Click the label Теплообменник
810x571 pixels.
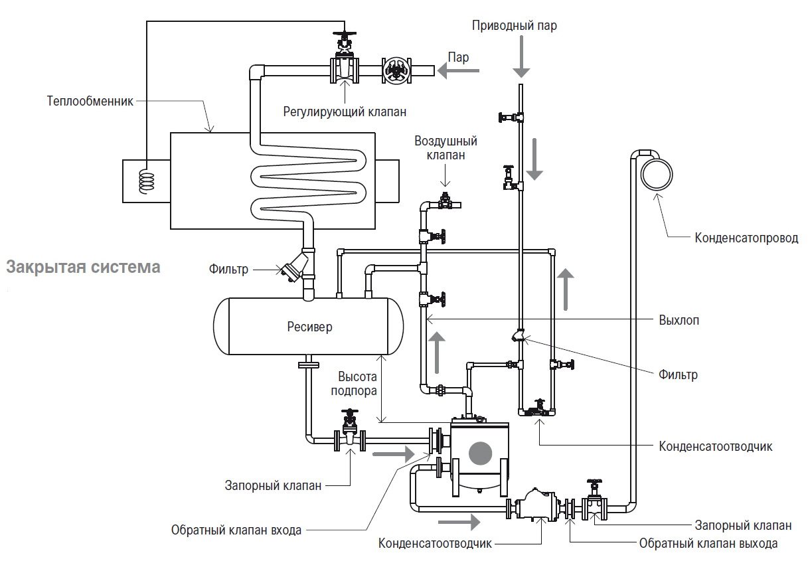(x=90, y=101)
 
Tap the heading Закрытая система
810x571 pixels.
(x=83, y=267)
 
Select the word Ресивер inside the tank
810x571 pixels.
(x=309, y=327)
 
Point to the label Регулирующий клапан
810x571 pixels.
(x=345, y=112)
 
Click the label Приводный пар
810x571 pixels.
(x=514, y=26)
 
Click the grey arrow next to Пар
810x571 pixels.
(x=458, y=70)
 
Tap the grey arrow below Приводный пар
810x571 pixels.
(x=521, y=56)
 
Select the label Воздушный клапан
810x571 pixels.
(x=446, y=148)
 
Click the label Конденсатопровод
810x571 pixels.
(x=746, y=238)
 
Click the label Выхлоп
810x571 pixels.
(x=679, y=320)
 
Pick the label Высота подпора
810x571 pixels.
(x=354, y=384)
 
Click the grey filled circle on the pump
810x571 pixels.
(x=480, y=453)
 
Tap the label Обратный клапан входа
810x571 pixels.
(x=236, y=530)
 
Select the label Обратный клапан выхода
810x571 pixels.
(x=708, y=544)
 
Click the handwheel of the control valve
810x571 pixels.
(x=345, y=35)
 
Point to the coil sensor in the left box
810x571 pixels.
(x=147, y=181)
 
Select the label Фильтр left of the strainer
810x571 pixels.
(x=228, y=270)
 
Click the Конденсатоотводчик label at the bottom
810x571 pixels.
(x=435, y=544)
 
